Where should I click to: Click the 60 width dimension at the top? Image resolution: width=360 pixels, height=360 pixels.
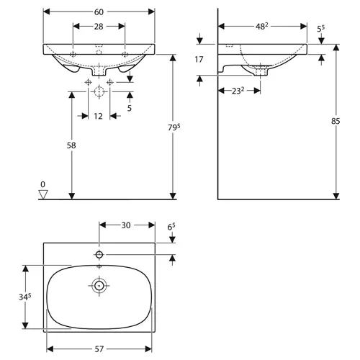pyautogui.click(x=99, y=12)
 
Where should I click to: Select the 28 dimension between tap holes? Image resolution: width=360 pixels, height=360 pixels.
pyautogui.click(x=99, y=27)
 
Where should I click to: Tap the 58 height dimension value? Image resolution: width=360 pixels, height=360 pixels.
pyautogui.click(x=71, y=145)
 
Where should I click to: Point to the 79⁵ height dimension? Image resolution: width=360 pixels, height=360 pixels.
pyautogui.click(x=174, y=127)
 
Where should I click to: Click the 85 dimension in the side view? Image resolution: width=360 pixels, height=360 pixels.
pyautogui.click(x=336, y=121)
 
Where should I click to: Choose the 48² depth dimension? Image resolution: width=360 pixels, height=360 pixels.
pyautogui.click(x=262, y=26)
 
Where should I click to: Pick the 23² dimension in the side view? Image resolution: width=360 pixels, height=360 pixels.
pyautogui.click(x=238, y=91)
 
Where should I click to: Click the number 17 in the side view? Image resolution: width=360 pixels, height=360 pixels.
pyautogui.click(x=199, y=59)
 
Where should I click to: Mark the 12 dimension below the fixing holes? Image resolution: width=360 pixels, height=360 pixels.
pyautogui.click(x=98, y=116)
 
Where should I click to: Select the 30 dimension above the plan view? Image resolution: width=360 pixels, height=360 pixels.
pyautogui.click(x=126, y=225)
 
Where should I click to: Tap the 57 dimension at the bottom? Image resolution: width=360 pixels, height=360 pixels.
pyautogui.click(x=99, y=349)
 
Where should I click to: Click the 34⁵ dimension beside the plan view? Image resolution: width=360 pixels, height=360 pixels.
pyautogui.click(x=25, y=297)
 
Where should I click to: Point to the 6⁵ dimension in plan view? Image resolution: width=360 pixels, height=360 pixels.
pyautogui.click(x=171, y=227)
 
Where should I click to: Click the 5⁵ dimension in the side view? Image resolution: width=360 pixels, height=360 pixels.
pyautogui.click(x=320, y=29)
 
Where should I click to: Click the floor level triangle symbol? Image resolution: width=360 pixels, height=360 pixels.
pyautogui.click(x=43, y=194)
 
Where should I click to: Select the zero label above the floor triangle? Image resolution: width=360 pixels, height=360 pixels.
pyautogui.click(x=42, y=184)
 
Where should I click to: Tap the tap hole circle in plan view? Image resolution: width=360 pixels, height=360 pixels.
pyautogui.click(x=99, y=254)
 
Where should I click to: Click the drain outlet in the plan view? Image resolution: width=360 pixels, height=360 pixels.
pyautogui.click(x=99, y=286)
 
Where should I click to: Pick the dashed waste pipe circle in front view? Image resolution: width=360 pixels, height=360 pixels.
pyautogui.click(x=99, y=91)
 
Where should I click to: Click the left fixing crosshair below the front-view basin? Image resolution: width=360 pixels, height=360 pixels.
pyautogui.click(x=88, y=82)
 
